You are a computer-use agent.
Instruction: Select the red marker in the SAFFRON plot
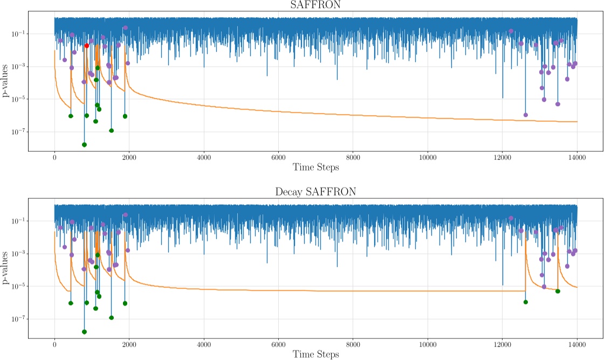pyautogui.click(x=87, y=46)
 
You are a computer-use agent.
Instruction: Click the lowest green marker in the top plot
pyautogui.click(x=84, y=144)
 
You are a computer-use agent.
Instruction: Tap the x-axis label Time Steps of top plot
pyautogui.click(x=316, y=168)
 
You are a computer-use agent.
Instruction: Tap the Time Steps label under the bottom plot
pyautogui.click(x=316, y=354)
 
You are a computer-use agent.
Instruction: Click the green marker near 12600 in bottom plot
pyautogui.click(x=526, y=302)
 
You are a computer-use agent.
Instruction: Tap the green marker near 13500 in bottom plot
pyautogui.click(x=558, y=291)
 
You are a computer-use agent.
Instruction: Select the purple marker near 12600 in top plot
pyautogui.click(x=526, y=115)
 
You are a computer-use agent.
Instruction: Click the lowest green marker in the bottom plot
pyautogui.click(x=84, y=331)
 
